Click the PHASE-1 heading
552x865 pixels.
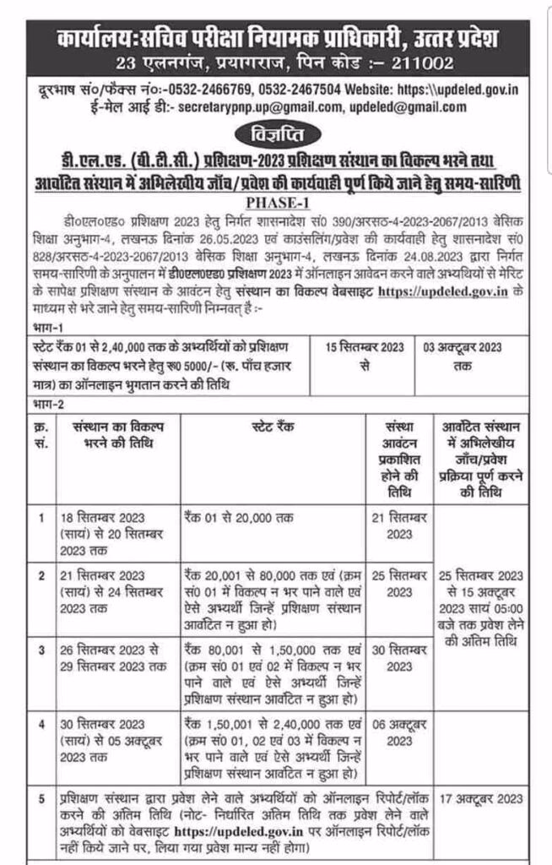click(x=276, y=203)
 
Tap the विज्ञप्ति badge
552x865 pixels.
click(x=275, y=133)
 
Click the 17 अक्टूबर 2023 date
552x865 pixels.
click(x=487, y=796)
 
